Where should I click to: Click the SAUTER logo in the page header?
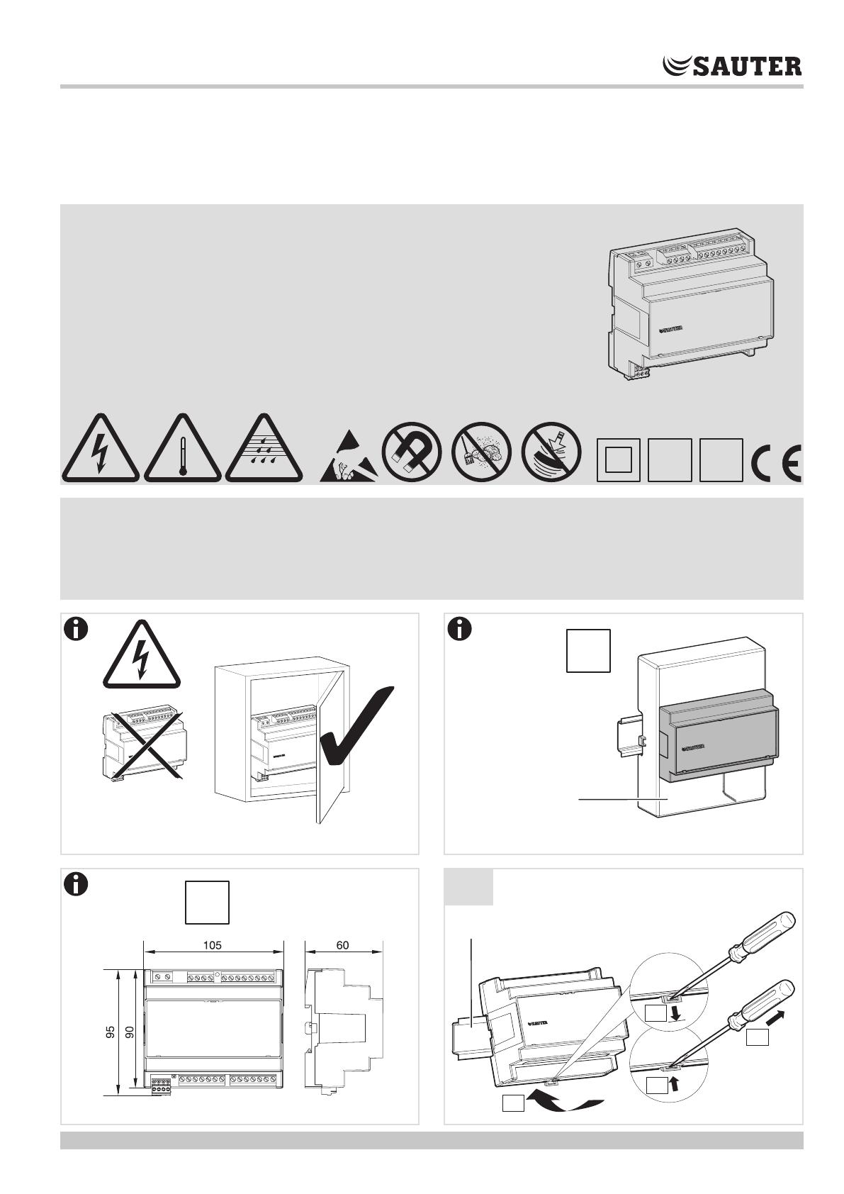[731, 65]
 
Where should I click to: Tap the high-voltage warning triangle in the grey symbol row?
[100, 449]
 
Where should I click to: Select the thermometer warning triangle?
[183, 449]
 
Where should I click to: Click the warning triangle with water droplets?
[264, 449]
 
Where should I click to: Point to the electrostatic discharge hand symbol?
[349, 457]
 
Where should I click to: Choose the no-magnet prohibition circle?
[411, 452]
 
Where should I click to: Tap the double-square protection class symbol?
[618, 460]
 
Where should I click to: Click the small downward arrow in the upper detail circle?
[675, 1012]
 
